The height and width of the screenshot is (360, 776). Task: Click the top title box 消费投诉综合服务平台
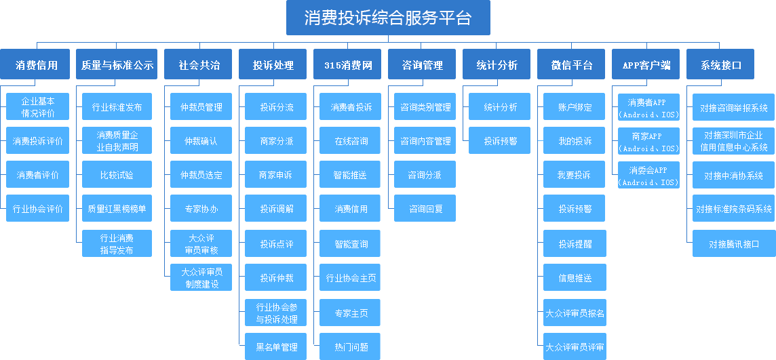click(387, 18)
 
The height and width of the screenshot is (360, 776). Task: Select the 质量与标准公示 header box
click(117, 65)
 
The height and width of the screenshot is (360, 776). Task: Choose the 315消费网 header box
click(348, 65)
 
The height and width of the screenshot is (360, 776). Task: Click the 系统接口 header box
click(721, 65)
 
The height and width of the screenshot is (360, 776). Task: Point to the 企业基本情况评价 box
click(38, 107)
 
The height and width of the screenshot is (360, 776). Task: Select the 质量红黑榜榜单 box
click(117, 209)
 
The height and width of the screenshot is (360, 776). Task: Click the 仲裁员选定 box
click(201, 175)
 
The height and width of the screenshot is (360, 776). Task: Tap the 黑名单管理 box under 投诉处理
click(276, 346)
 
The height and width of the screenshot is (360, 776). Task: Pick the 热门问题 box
click(351, 346)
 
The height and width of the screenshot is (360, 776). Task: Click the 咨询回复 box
click(425, 209)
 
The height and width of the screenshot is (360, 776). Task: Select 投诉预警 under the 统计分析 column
click(500, 141)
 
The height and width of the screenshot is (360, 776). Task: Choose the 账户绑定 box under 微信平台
click(575, 107)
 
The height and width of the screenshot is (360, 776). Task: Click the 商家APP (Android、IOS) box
click(648, 142)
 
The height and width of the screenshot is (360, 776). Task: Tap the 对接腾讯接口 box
click(733, 243)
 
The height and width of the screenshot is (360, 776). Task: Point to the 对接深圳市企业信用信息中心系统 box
click(733, 141)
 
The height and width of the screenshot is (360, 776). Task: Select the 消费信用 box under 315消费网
click(351, 209)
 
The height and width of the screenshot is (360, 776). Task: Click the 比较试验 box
click(117, 175)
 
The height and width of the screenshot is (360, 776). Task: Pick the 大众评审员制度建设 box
click(201, 277)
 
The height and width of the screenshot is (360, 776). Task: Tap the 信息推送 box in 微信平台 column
click(575, 277)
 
